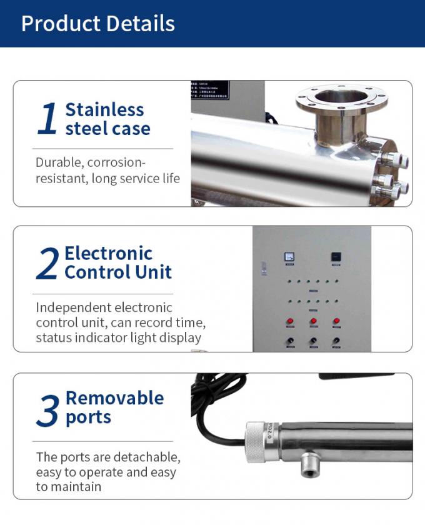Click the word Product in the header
[x=56, y=24]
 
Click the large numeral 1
[x=47, y=119]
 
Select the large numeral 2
[x=47, y=264]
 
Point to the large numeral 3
[x=47, y=409]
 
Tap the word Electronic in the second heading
[x=109, y=253]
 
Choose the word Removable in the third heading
[x=114, y=398]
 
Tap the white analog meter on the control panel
[x=289, y=256]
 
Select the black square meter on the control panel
[x=336, y=256]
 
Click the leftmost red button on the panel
[x=290, y=322]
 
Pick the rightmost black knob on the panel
[x=336, y=341]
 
